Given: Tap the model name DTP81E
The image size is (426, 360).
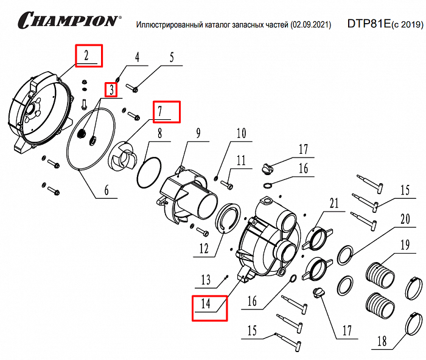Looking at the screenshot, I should click(368, 24).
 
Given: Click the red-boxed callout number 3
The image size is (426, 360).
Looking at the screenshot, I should click(111, 90).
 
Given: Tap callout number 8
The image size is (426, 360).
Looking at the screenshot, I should click(159, 134).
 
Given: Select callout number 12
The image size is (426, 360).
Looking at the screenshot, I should click(203, 248).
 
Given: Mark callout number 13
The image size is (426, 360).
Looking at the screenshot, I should click(206, 280).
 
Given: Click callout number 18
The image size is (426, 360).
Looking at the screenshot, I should click(382, 341).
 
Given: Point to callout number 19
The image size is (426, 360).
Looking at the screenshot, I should click(404, 246).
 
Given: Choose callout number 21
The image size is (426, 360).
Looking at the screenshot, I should click(333, 202).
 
